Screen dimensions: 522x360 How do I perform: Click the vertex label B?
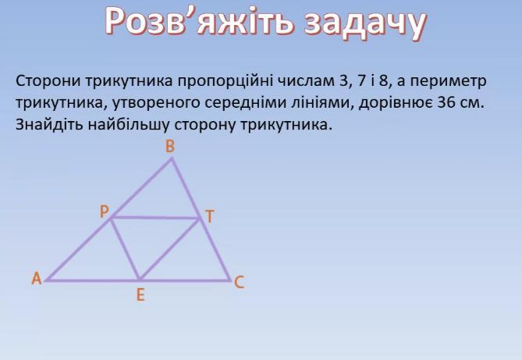coord(170,146)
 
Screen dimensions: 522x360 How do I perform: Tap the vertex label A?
coord(37,278)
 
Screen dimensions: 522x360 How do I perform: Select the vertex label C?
coord(240,283)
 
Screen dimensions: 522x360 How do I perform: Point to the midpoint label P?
coord(105,212)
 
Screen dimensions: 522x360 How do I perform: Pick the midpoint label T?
coord(209,216)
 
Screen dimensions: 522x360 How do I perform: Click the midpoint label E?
coord(140,295)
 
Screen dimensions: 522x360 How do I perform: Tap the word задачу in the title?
coord(365,23)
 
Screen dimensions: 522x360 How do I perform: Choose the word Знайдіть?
coord(49,125)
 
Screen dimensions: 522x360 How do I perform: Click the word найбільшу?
coord(129,125)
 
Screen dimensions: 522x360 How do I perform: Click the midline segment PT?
coord(155,218)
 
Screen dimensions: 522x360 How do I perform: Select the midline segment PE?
coord(125,248)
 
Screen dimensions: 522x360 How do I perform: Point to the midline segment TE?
coord(170,249)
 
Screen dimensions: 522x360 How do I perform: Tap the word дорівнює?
coord(395,103)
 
